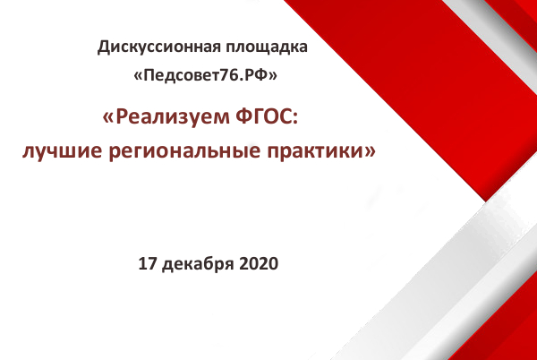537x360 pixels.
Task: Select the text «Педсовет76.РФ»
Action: [205, 75]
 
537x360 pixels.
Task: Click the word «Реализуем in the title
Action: [166, 116]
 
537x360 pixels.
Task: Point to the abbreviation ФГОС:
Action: [267, 116]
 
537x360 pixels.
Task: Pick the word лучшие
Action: [62, 150]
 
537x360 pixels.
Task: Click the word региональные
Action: [184, 151]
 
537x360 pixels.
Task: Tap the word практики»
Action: [321, 151]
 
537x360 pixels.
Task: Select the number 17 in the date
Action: [148, 264]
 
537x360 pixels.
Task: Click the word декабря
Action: [198, 264]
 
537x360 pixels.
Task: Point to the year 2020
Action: [259, 264]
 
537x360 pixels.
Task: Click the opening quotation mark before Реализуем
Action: [107, 118]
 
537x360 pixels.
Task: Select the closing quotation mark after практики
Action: [371, 151]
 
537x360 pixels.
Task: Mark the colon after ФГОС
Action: [295, 119]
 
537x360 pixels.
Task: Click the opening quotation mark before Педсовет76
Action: [138, 76]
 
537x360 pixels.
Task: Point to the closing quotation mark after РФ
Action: [273, 76]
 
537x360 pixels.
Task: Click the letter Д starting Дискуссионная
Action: [104, 47]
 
